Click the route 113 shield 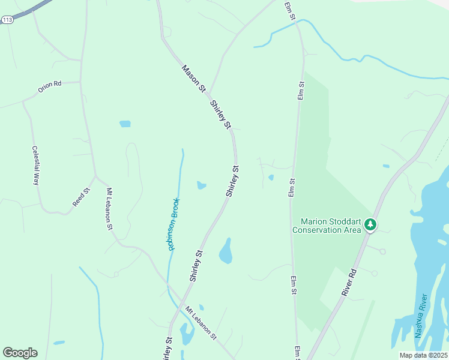point(7,20)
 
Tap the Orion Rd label point(50,86)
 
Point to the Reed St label point(81,197)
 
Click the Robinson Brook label point(173,223)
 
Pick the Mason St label point(194,79)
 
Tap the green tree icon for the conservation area point(371,224)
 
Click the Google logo point(20,353)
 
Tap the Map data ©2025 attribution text point(423,355)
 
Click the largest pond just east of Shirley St point(226,251)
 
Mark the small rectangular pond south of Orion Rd point(125,124)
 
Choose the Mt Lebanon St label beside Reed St point(110,209)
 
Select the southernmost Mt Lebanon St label point(200,324)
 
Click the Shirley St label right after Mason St point(220,114)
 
